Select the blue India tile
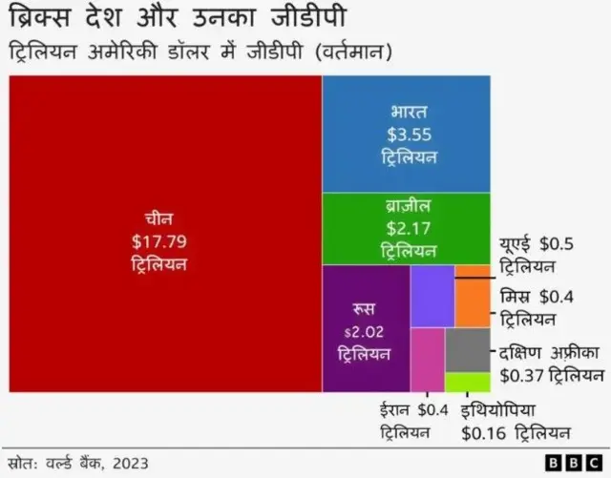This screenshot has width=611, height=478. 407,134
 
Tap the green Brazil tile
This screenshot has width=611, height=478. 407,228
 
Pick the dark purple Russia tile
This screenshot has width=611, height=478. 366,329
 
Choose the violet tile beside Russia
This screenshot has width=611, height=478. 432,297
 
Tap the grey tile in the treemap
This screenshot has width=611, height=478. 468,350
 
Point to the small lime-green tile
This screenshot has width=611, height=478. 468,382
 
